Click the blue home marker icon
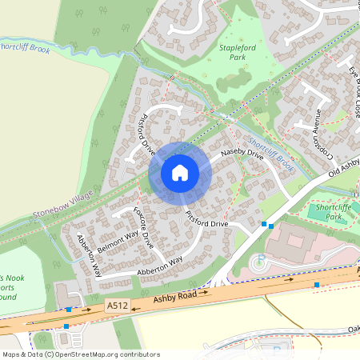[180, 171]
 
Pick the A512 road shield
[117, 305]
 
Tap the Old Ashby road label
[344, 168]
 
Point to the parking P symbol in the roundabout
[259, 260]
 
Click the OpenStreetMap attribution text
[81, 354]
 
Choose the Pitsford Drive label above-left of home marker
[147, 134]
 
